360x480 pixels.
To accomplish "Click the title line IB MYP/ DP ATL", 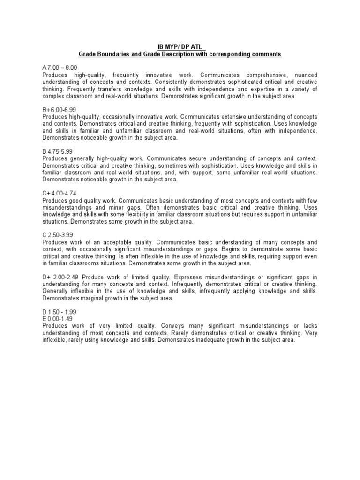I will (180, 47).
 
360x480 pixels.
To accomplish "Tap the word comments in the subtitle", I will (265, 54).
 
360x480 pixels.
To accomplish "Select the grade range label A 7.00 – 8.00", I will (60, 68).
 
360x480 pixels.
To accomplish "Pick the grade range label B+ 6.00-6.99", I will (60, 110).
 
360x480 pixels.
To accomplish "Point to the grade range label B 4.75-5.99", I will (58, 151).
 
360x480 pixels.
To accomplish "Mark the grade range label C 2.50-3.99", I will (58, 234).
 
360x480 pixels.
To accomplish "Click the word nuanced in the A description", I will (306, 75).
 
